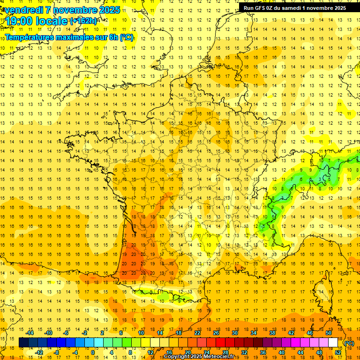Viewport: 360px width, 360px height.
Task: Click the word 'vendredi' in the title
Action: [x=23, y=10]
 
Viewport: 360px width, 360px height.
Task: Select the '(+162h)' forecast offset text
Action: [x=83, y=21]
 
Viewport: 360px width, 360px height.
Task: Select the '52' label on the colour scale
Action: [x=337, y=352]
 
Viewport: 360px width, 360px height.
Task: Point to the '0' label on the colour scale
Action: [x=93, y=352]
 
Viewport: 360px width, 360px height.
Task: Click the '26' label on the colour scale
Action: [x=216, y=333]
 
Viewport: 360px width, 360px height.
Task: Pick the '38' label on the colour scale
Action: [x=272, y=333]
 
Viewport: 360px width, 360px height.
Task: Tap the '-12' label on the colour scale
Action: [x=39, y=352]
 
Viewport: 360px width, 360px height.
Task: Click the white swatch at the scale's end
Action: [x=333, y=343]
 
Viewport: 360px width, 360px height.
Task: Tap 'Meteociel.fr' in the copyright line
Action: [x=220, y=357]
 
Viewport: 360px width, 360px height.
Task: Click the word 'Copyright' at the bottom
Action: [x=177, y=357]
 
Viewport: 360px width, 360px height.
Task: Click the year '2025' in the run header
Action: [x=338, y=7]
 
